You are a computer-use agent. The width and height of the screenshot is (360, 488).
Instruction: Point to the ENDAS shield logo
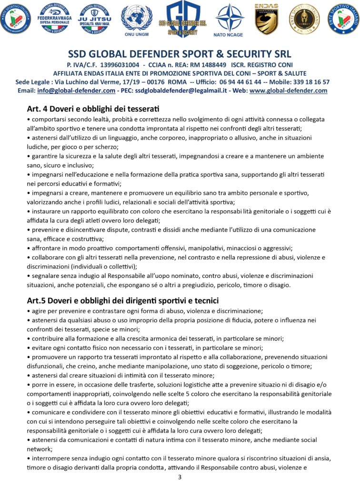click(x=267, y=19)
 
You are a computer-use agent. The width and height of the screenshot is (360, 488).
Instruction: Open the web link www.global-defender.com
click(x=289, y=91)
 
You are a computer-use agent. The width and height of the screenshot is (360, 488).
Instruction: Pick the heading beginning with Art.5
click(x=122, y=301)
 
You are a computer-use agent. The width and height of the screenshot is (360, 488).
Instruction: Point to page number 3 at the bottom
click(x=180, y=477)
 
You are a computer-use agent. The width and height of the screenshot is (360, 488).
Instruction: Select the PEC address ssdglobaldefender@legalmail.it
click(x=186, y=91)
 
